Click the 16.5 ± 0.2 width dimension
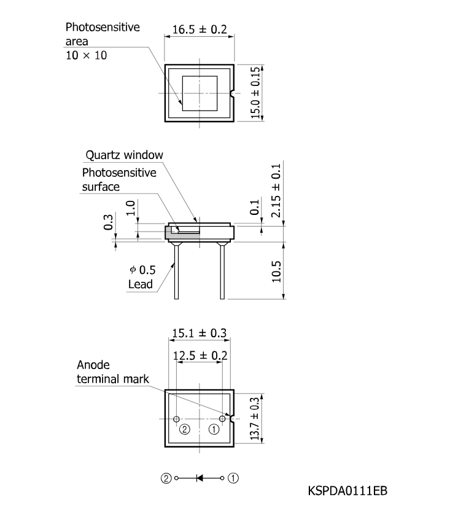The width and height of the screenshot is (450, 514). [x=200, y=29]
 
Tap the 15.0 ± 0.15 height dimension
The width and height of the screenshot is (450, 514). [x=255, y=93]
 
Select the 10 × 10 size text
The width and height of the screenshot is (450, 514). [x=86, y=55]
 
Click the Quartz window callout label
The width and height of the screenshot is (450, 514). [x=124, y=155]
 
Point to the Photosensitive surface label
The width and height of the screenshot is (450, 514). [x=119, y=180]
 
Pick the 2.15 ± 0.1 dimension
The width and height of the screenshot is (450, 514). [x=276, y=190]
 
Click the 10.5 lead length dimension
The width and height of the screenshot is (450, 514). [x=276, y=271]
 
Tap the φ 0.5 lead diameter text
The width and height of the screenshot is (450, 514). [x=142, y=270]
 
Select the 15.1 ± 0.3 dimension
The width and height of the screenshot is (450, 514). [x=200, y=333]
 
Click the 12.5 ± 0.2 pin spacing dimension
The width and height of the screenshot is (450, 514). [x=200, y=356]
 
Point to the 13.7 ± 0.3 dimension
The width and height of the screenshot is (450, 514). [x=255, y=418]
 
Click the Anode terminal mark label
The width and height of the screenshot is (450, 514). [x=113, y=372]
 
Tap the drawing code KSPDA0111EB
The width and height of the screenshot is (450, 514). [x=347, y=491]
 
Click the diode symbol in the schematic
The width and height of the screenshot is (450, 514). [x=200, y=478]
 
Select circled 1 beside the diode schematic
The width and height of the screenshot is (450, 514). [x=233, y=478]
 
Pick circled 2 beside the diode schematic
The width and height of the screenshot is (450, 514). [x=166, y=478]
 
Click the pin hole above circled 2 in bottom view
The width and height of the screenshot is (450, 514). [x=176, y=419]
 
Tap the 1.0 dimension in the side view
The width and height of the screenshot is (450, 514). [x=130, y=208]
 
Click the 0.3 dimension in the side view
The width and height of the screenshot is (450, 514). [x=108, y=222]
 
